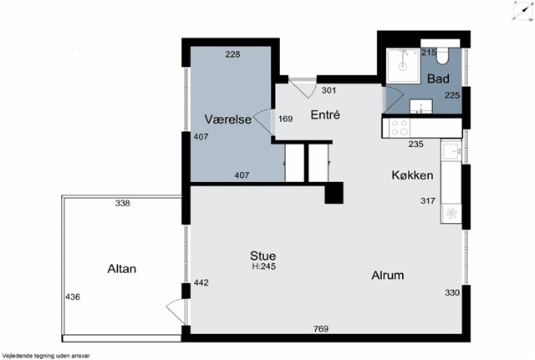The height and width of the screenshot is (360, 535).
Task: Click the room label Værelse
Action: pyautogui.click(x=228, y=119)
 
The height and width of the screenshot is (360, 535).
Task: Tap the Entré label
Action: pyautogui.click(x=325, y=115)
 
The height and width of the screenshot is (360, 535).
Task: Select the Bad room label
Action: pyautogui.click(x=438, y=79)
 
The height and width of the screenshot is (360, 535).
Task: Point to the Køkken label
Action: pyautogui.click(x=412, y=175)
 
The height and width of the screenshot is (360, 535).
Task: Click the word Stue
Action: pyautogui.click(x=262, y=256)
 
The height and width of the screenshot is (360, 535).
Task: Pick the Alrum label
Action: pyautogui.click(x=388, y=275)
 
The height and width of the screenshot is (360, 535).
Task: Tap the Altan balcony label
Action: pyautogui.click(x=122, y=269)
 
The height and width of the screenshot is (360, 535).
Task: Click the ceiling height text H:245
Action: pyautogui.click(x=264, y=266)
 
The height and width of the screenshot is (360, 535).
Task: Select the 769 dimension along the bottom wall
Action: pyautogui.click(x=321, y=328)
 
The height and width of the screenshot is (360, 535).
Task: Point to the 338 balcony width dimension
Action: pyautogui.click(x=123, y=203)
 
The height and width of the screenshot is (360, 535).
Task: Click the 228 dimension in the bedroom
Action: pyautogui.click(x=232, y=53)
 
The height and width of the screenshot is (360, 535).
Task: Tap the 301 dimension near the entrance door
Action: pyautogui.click(x=329, y=90)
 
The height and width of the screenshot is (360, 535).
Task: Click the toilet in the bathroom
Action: pyautogui.click(x=442, y=56)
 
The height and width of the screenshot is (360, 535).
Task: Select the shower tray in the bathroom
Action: pyautogui.click(x=403, y=66)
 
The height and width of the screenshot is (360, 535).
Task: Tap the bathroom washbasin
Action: pyautogui.click(x=421, y=106)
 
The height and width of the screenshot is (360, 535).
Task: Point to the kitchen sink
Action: pyautogui.click(x=451, y=151)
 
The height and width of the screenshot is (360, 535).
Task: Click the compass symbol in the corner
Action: pyautogui.click(x=522, y=11)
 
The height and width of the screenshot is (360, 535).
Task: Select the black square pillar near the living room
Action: pyautogui.click(x=334, y=193)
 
